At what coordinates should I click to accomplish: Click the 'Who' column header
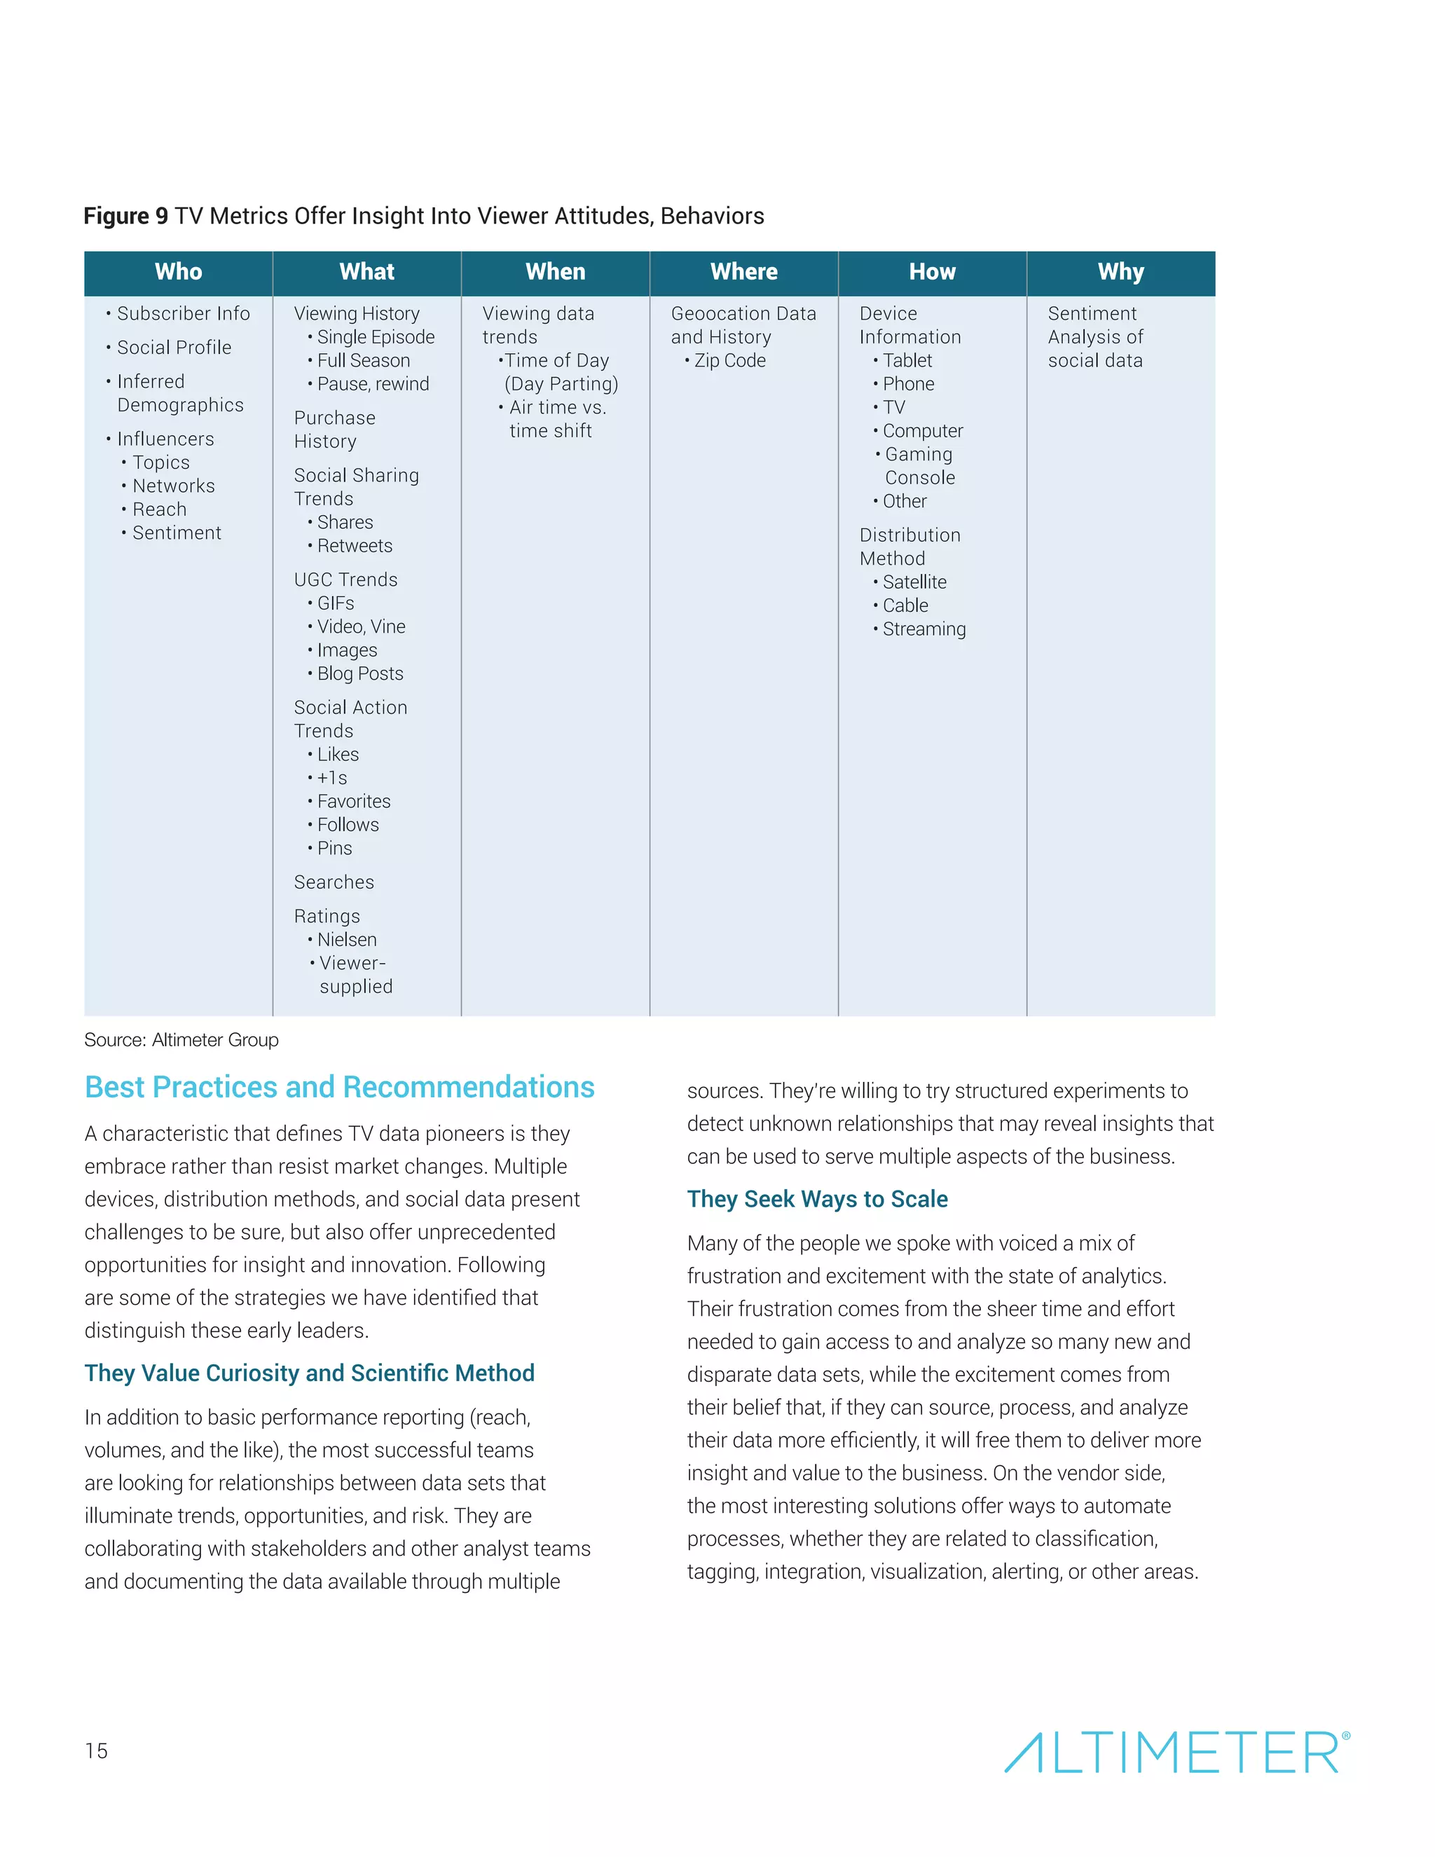(x=179, y=272)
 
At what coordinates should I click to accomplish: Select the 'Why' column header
(x=1120, y=272)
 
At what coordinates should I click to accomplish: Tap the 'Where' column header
(x=744, y=272)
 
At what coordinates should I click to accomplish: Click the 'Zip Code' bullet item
(x=729, y=360)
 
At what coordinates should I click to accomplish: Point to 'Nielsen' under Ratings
(x=347, y=940)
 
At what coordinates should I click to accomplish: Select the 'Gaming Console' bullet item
(x=918, y=466)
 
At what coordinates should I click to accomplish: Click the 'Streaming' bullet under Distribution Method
(x=924, y=629)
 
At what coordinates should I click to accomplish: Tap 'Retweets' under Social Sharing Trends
(x=355, y=546)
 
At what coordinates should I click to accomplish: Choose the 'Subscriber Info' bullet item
(x=183, y=314)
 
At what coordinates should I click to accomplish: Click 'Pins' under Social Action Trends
(x=334, y=849)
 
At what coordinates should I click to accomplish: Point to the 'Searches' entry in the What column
(x=334, y=882)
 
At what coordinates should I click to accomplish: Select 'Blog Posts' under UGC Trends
(x=359, y=673)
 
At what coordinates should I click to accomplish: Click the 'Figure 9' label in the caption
(x=126, y=216)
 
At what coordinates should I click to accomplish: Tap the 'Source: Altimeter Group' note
(x=181, y=1040)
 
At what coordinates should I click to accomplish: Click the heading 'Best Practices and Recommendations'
(x=339, y=1088)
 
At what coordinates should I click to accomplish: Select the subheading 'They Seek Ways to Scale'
(x=817, y=1199)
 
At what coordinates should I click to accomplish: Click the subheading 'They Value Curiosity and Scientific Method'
(x=310, y=1373)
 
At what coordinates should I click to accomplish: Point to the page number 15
(x=96, y=1750)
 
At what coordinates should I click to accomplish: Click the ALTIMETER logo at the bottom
(x=1176, y=1753)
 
